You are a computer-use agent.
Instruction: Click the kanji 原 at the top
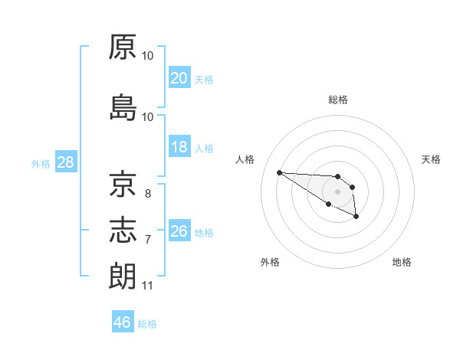point(123,47)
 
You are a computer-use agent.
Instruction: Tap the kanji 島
point(123,107)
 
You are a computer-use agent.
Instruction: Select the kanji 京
point(123,185)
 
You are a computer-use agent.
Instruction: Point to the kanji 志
point(123,229)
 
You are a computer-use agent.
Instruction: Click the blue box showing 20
point(179,77)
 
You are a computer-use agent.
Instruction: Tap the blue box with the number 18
point(179,147)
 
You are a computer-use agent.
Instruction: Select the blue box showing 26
point(179,231)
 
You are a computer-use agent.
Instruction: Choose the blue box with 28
point(65,162)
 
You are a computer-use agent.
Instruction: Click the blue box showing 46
point(123,322)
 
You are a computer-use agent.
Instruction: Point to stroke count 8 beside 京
point(148,194)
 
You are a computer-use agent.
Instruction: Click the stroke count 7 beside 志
point(148,240)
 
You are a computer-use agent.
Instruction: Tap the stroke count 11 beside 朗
point(147,286)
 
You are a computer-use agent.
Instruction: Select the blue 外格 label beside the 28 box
point(41,163)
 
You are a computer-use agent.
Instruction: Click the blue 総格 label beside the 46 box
point(147,323)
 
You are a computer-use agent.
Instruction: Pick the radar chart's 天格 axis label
point(432,159)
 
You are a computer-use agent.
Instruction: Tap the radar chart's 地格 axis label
point(402,262)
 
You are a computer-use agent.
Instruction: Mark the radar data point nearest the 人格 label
point(279,172)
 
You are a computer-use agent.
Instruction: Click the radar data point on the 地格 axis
point(356,218)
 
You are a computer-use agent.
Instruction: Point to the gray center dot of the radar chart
point(337,191)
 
